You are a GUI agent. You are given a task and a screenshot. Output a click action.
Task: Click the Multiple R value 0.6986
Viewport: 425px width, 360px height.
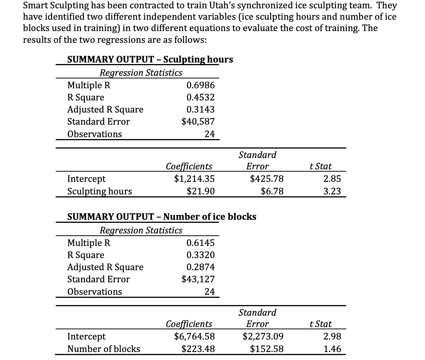[201, 85]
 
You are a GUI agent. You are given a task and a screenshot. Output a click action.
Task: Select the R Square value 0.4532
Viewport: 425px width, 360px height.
[201, 97]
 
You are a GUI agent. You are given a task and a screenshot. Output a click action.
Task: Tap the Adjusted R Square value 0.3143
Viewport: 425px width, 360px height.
[201, 110]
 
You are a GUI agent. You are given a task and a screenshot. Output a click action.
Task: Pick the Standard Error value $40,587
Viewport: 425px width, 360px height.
[198, 122]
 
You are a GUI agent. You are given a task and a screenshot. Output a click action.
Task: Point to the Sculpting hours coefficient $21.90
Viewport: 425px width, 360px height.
[201, 191]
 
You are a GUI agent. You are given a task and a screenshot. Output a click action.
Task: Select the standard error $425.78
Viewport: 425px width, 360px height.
[267, 179]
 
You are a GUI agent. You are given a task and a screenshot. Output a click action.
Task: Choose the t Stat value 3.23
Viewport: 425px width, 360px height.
[333, 191]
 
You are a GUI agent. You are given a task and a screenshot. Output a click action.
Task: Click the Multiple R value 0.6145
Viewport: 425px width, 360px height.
[201, 243]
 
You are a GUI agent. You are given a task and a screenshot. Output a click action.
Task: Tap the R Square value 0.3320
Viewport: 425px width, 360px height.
[201, 255]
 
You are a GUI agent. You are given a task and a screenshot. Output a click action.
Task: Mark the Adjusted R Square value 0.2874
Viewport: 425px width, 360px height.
[201, 267]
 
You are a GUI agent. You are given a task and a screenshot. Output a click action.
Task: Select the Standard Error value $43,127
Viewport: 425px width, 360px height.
[198, 279]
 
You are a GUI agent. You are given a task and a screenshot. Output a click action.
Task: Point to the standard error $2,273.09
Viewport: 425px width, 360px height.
[263, 337]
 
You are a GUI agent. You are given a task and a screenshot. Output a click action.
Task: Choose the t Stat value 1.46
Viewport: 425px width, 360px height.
[333, 349]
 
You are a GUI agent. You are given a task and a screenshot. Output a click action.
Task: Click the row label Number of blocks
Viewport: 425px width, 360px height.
[103, 349]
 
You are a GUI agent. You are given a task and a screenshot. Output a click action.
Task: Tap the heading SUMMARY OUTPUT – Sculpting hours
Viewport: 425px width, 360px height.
[150, 59]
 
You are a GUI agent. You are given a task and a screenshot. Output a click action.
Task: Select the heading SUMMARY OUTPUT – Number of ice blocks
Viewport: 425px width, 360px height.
[162, 217]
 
